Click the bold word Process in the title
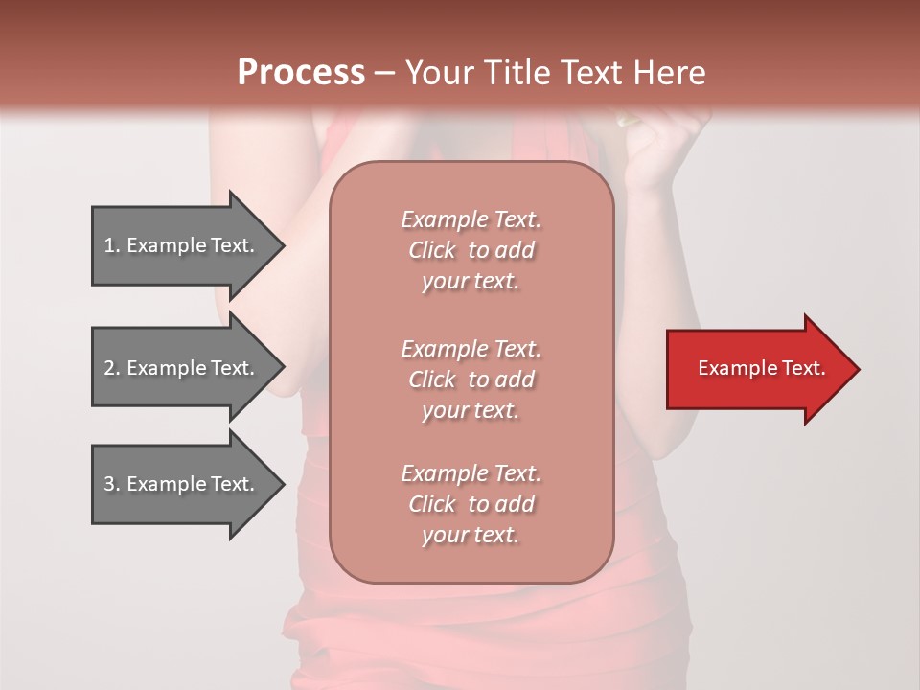pos(301,73)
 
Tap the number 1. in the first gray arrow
pos(112,245)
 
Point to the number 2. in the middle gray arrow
pos(112,368)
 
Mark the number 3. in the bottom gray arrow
pos(112,484)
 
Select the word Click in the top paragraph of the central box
pos(432,250)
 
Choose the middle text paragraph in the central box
pos(471,379)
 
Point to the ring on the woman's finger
pos(627,120)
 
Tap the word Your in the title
pos(436,73)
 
